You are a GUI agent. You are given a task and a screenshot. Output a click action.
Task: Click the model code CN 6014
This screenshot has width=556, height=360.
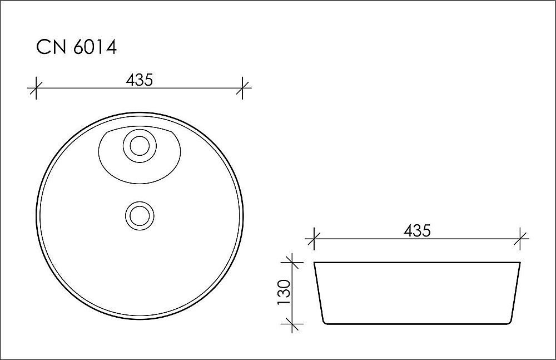pyautogui.click(x=76, y=48)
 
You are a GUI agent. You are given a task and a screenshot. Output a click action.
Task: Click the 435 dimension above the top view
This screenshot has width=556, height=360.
pyautogui.click(x=139, y=80)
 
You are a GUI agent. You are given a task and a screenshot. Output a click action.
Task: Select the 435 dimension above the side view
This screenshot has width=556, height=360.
pyautogui.click(x=417, y=230)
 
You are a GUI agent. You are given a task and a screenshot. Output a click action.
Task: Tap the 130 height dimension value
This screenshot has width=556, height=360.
pyautogui.click(x=283, y=292)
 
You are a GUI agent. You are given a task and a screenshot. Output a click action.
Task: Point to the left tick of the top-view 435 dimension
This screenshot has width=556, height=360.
pyautogui.click(x=36, y=88)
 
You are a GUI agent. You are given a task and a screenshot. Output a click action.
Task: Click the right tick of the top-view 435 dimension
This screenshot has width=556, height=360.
pyautogui.click(x=242, y=88)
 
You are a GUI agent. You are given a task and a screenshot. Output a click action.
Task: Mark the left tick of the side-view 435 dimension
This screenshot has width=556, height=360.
pyautogui.click(x=315, y=239)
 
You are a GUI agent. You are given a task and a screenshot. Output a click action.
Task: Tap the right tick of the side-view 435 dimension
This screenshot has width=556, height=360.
pyautogui.click(x=520, y=239)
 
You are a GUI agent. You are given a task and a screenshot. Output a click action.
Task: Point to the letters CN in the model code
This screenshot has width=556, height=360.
pyautogui.click(x=50, y=48)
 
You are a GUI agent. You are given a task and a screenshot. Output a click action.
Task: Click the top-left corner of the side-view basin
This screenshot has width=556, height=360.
pyautogui.click(x=315, y=263)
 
